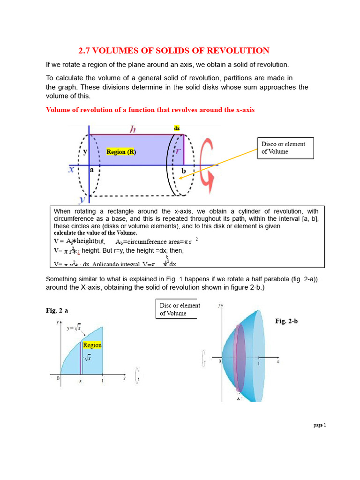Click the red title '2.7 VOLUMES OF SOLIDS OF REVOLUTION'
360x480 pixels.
pos(173,51)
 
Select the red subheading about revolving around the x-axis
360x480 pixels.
pos(150,110)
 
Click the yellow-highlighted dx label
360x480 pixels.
pos(177,128)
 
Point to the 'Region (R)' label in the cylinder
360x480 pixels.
pos(121,152)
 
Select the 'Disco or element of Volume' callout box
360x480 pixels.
pos(285,148)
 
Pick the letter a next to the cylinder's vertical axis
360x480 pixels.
pos(92,170)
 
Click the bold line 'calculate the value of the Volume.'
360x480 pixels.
pos(95,233)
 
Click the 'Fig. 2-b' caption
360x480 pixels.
pos(286,321)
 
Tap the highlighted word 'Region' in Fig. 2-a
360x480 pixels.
pos(92,345)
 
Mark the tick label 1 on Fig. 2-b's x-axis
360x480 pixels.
pos(258,364)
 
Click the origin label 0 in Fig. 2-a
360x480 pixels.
pos(58,378)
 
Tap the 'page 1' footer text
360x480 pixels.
pos(319,425)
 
